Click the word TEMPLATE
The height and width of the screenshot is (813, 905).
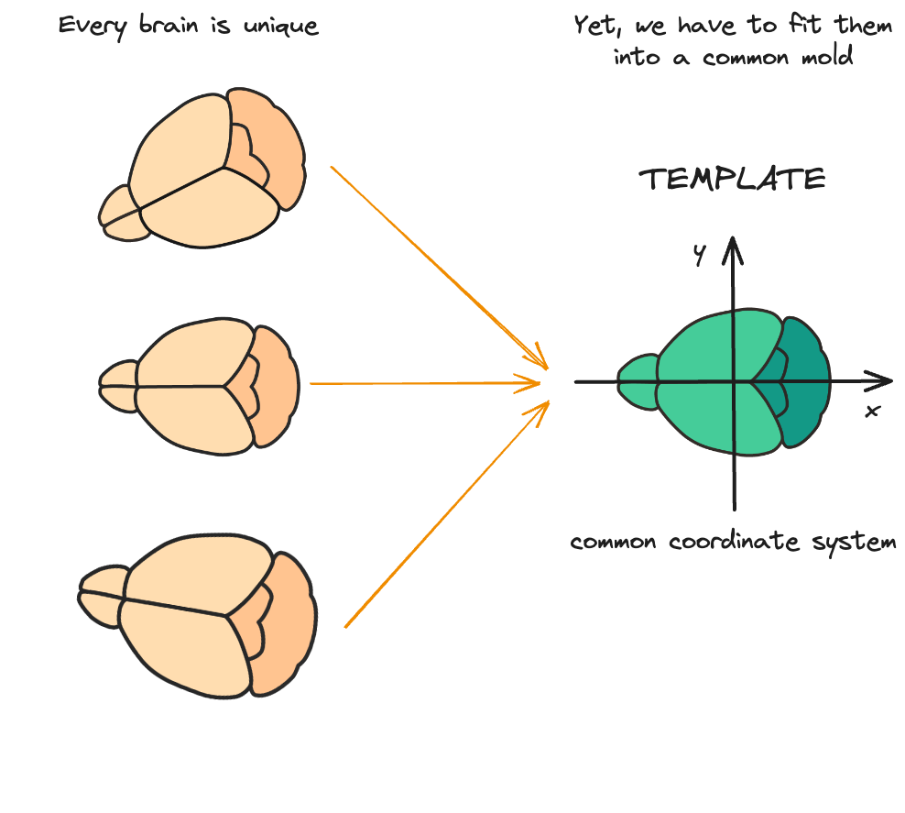click(x=733, y=179)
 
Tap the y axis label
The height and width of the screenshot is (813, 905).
click(x=699, y=257)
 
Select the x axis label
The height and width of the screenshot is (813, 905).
click(x=872, y=411)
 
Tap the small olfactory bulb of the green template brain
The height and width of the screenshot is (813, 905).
click(x=638, y=381)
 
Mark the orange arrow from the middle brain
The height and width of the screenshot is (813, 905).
click(x=421, y=384)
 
